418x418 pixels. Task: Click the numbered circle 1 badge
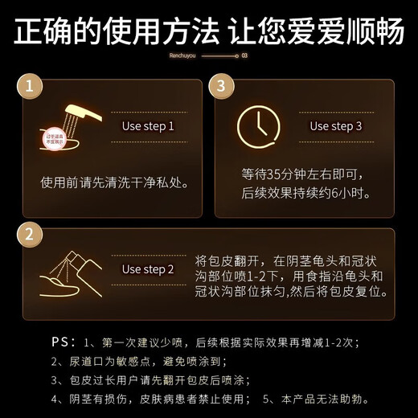tap(31, 86)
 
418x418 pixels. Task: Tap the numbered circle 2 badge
tap(31, 236)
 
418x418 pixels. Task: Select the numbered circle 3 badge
tap(223, 86)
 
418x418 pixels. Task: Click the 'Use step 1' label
tap(147, 126)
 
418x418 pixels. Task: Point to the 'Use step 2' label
tap(147, 269)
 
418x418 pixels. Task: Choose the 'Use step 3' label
tap(336, 126)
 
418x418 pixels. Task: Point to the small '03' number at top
tap(244, 56)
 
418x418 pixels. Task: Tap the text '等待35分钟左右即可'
tap(303, 174)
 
